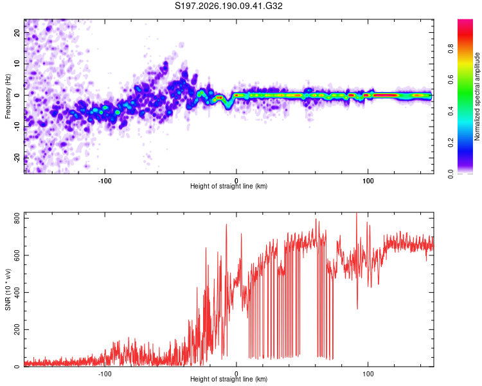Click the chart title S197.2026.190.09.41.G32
(x=228, y=6)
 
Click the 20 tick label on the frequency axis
(x=17, y=33)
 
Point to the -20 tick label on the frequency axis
(x=17, y=158)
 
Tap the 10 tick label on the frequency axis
(x=17, y=64)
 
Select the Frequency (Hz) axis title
(x=8, y=96)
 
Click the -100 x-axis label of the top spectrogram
(x=105, y=181)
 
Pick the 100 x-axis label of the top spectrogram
(x=368, y=181)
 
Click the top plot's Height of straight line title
(x=229, y=186)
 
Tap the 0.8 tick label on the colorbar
(x=451, y=49)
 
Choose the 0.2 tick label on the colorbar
(x=451, y=143)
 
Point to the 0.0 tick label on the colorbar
(x=451, y=174)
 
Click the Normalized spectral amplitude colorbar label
(x=477, y=96)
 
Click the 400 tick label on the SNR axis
(x=17, y=293)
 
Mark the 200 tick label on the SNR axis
(x=17, y=329)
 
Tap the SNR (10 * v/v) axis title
(x=8, y=289)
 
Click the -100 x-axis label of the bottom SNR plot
(x=105, y=374)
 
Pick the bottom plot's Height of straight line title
(x=229, y=379)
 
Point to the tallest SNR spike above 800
(x=357, y=214)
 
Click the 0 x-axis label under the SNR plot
(x=237, y=374)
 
